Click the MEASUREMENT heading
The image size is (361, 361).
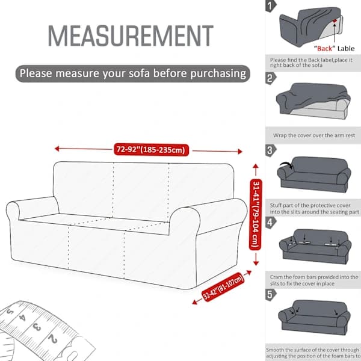tap(131, 36)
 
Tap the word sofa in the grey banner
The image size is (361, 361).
tap(140, 73)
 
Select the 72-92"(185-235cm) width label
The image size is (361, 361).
tap(151, 150)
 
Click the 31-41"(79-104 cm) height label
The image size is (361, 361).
tap(256, 215)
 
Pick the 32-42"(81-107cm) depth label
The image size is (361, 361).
tap(223, 287)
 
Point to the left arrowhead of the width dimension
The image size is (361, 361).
tap(57, 149)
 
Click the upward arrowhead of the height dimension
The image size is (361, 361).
tap(256, 166)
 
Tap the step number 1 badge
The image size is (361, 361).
tap(271, 6)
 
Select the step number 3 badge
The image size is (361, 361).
tap(271, 150)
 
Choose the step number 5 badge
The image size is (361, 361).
tap(271, 295)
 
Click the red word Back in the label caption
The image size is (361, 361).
tap(324, 48)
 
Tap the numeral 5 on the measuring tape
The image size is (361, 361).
tap(10, 312)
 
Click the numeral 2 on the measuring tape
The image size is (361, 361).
tap(53, 339)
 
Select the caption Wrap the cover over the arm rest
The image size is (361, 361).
tap(314, 135)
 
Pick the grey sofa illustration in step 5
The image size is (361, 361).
tap(314, 317)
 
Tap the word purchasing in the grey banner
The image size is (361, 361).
tap(218, 74)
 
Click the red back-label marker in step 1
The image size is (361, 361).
tap(335, 20)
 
